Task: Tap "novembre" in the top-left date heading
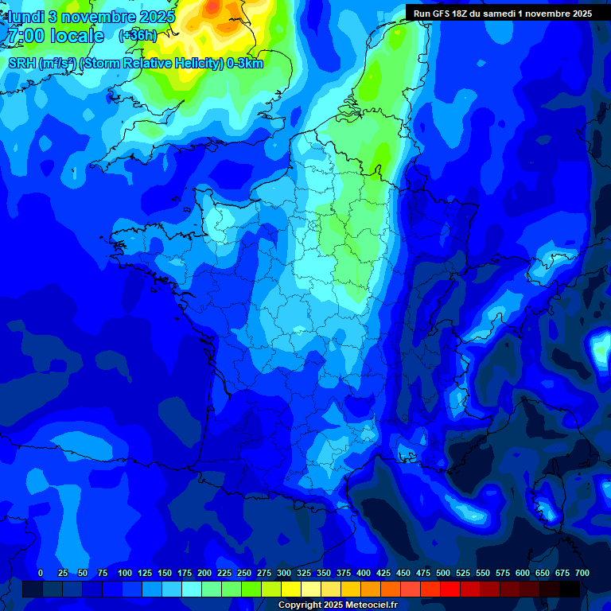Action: pyautogui.click(x=99, y=17)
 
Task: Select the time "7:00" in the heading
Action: pyautogui.click(x=24, y=36)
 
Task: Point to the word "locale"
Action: pyautogui.click(x=76, y=36)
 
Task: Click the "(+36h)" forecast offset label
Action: pyautogui.click(x=138, y=36)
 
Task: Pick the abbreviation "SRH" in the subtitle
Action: pyautogui.click(x=22, y=64)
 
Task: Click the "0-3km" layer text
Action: pyautogui.click(x=245, y=64)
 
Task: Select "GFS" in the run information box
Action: pyautogui.click(x=442, y=14)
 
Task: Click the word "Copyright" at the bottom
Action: pyautogui.click(x=300, y=605)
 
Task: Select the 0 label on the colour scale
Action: pyautogui.click(x=41, y=573)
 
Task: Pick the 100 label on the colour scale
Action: pyautogui.click(x=124, y=573)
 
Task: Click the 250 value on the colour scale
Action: pyautogui.click(x=243, y=573)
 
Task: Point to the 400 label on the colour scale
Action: pyautogui.click(x=363, y=573)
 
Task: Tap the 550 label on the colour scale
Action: pyautogui.click(x=482, y=573)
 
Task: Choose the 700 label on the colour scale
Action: pyautogui.click(x=582, y=573)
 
